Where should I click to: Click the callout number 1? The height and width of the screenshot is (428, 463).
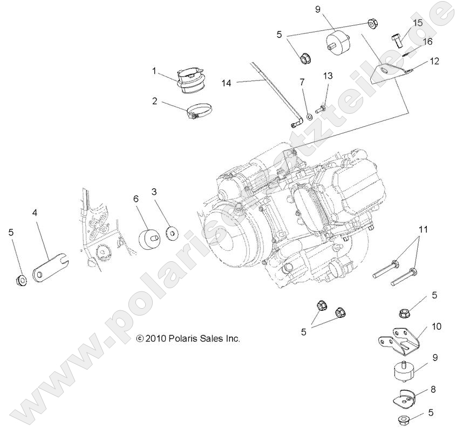[x=154, y=70]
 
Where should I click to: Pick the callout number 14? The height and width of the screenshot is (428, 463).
[x=227, y=83]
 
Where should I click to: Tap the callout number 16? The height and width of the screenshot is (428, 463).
[x=428, y=41]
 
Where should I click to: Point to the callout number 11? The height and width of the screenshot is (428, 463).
[x=424, y=229]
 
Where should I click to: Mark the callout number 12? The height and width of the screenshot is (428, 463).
[x=435, y=61]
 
